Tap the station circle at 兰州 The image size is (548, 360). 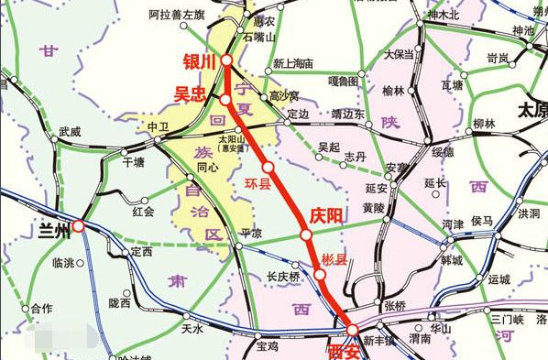(x=79, y=224)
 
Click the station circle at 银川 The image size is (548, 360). (x=226, y=59)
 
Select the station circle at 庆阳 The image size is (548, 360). (x=305, y=235)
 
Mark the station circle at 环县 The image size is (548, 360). (x=268, y=168)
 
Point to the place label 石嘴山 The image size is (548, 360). (x=258, y=38)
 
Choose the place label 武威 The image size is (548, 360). (x=70, y=132)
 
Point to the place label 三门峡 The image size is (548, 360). (x=505, y=318)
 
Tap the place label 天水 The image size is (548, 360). (x=192, y=328)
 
